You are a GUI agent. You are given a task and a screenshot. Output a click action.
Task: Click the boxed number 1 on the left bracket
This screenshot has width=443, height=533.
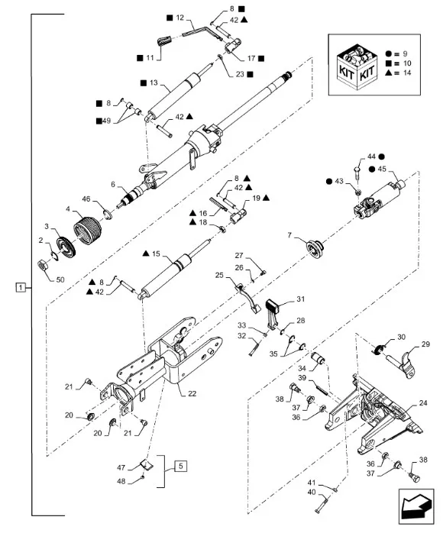21,288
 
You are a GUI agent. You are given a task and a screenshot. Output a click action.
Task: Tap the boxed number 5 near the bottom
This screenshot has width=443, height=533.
180,466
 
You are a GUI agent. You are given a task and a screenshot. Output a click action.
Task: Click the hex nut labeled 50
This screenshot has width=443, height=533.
42,264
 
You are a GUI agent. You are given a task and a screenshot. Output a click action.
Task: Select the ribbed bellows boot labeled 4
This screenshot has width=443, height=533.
88,231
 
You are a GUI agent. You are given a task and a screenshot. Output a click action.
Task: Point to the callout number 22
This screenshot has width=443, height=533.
192,393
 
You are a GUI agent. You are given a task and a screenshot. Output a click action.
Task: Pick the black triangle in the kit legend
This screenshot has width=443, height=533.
390,73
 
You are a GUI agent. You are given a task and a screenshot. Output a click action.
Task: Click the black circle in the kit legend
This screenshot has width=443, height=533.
389,53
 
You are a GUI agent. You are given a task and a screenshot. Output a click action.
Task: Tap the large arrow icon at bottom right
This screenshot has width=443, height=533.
416,506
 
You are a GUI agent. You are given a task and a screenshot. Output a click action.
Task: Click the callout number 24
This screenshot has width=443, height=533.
423,403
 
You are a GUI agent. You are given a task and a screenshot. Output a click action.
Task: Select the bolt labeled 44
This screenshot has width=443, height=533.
357,173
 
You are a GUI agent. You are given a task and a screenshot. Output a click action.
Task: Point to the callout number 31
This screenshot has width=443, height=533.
300,299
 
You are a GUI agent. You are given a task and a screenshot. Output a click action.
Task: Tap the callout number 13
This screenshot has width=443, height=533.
154,82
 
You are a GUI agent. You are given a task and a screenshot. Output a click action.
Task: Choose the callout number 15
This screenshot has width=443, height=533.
156,254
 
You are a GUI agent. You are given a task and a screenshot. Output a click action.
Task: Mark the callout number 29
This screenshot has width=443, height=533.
425,344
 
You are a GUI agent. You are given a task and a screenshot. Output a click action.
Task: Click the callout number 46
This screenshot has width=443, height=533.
86,199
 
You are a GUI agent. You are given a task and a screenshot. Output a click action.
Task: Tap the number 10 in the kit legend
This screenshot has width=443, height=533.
407,63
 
